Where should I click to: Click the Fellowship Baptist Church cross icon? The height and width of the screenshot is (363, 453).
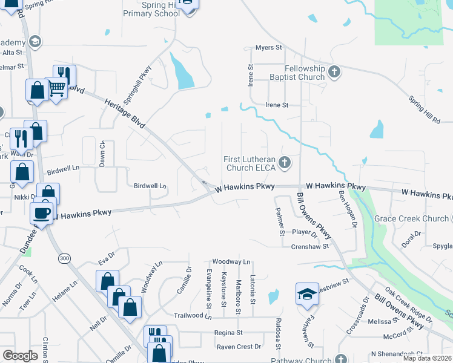[x=334, y=73]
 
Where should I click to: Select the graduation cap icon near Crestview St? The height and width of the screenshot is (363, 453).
[x=307, y=294]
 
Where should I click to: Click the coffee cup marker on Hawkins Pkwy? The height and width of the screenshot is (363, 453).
[x=42, y=212]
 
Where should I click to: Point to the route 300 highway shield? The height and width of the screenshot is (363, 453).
[x=64, y=258]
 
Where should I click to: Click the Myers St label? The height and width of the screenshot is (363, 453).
[x=269, y=47]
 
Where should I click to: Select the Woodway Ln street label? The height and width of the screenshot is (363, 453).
[x=231, y=261]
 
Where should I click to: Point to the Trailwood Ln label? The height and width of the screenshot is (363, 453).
[x=192, y=316]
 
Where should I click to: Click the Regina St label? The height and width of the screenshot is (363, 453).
[x=228, y=333]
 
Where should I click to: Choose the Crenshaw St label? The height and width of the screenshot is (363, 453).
[x=309, y=247]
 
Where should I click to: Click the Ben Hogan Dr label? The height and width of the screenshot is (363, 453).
[x=346, y=208]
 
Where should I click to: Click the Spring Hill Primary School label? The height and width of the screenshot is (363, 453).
[x=151, y=8]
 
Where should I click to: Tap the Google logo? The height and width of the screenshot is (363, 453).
[x=20, y=355]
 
